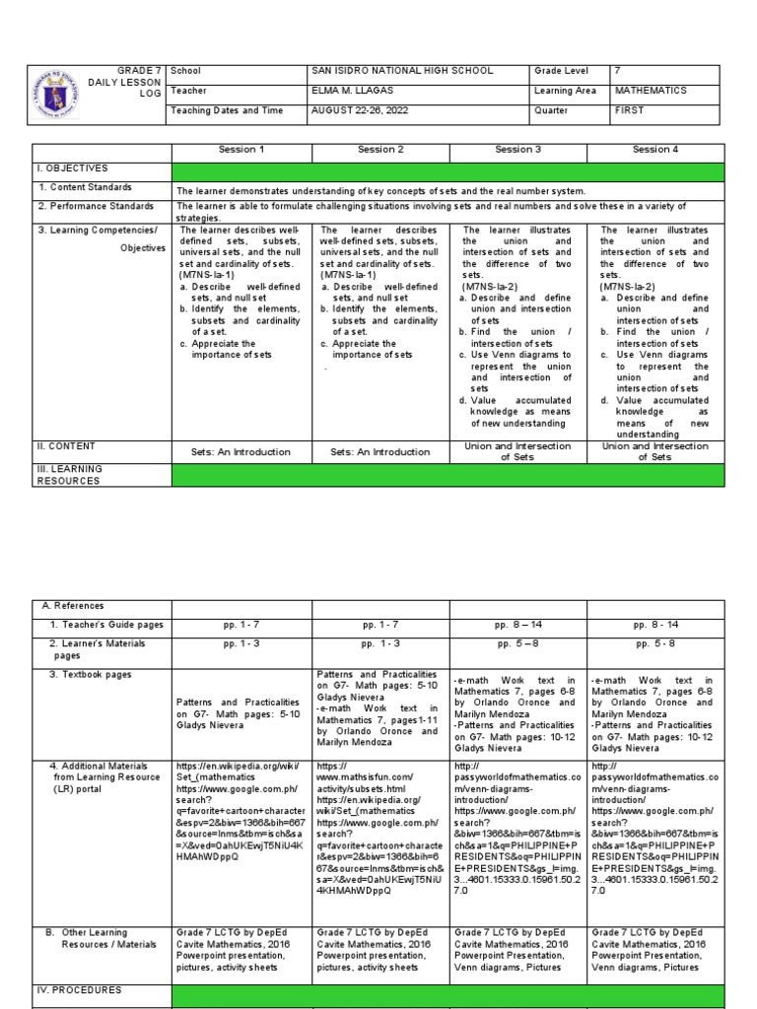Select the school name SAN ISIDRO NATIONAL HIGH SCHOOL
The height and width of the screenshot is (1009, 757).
402,72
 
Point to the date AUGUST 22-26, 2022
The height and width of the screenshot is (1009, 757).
355,109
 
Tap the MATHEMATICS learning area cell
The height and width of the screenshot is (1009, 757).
652,90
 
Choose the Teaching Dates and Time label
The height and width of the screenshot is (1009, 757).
228,109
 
